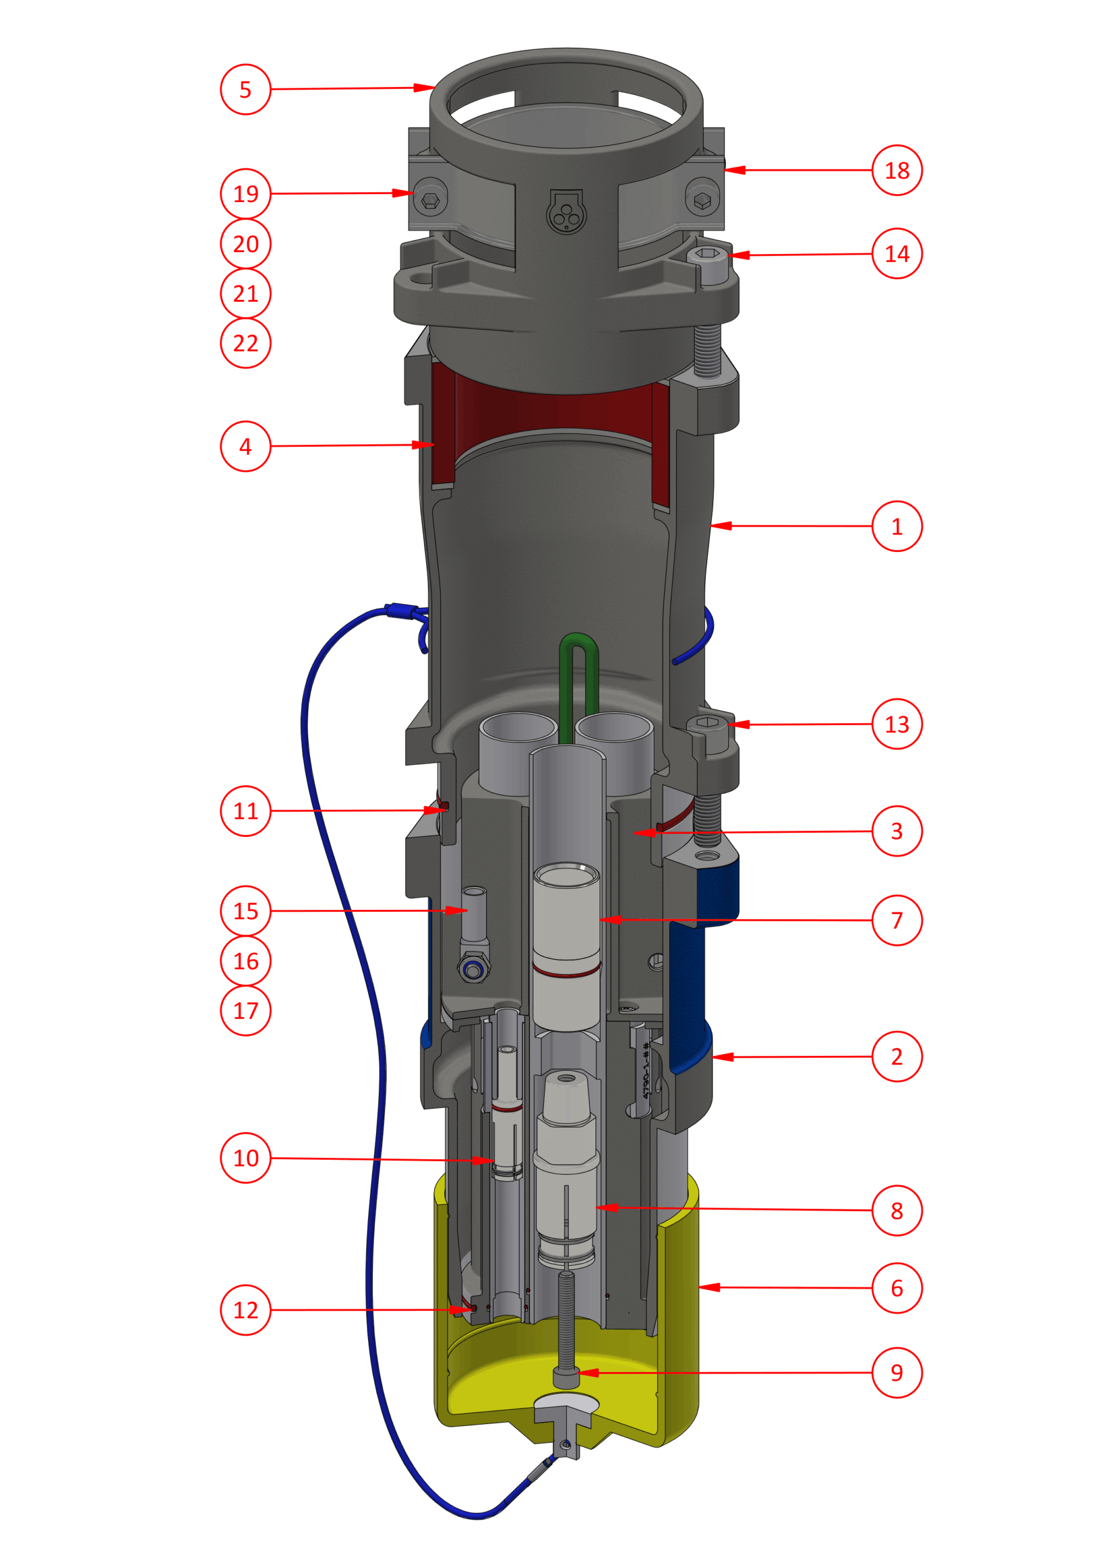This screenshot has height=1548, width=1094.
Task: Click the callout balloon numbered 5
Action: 245,89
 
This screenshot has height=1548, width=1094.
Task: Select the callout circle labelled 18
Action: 896,171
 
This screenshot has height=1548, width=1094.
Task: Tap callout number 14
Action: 896,254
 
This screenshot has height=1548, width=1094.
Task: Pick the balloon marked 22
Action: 245,343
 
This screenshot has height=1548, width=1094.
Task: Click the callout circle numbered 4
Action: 245,446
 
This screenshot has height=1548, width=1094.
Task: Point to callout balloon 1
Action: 896,527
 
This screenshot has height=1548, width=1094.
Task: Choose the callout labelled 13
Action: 896,724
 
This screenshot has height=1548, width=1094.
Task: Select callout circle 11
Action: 245,811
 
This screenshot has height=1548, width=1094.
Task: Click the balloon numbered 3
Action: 896,831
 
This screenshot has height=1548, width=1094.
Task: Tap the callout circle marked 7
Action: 896,920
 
